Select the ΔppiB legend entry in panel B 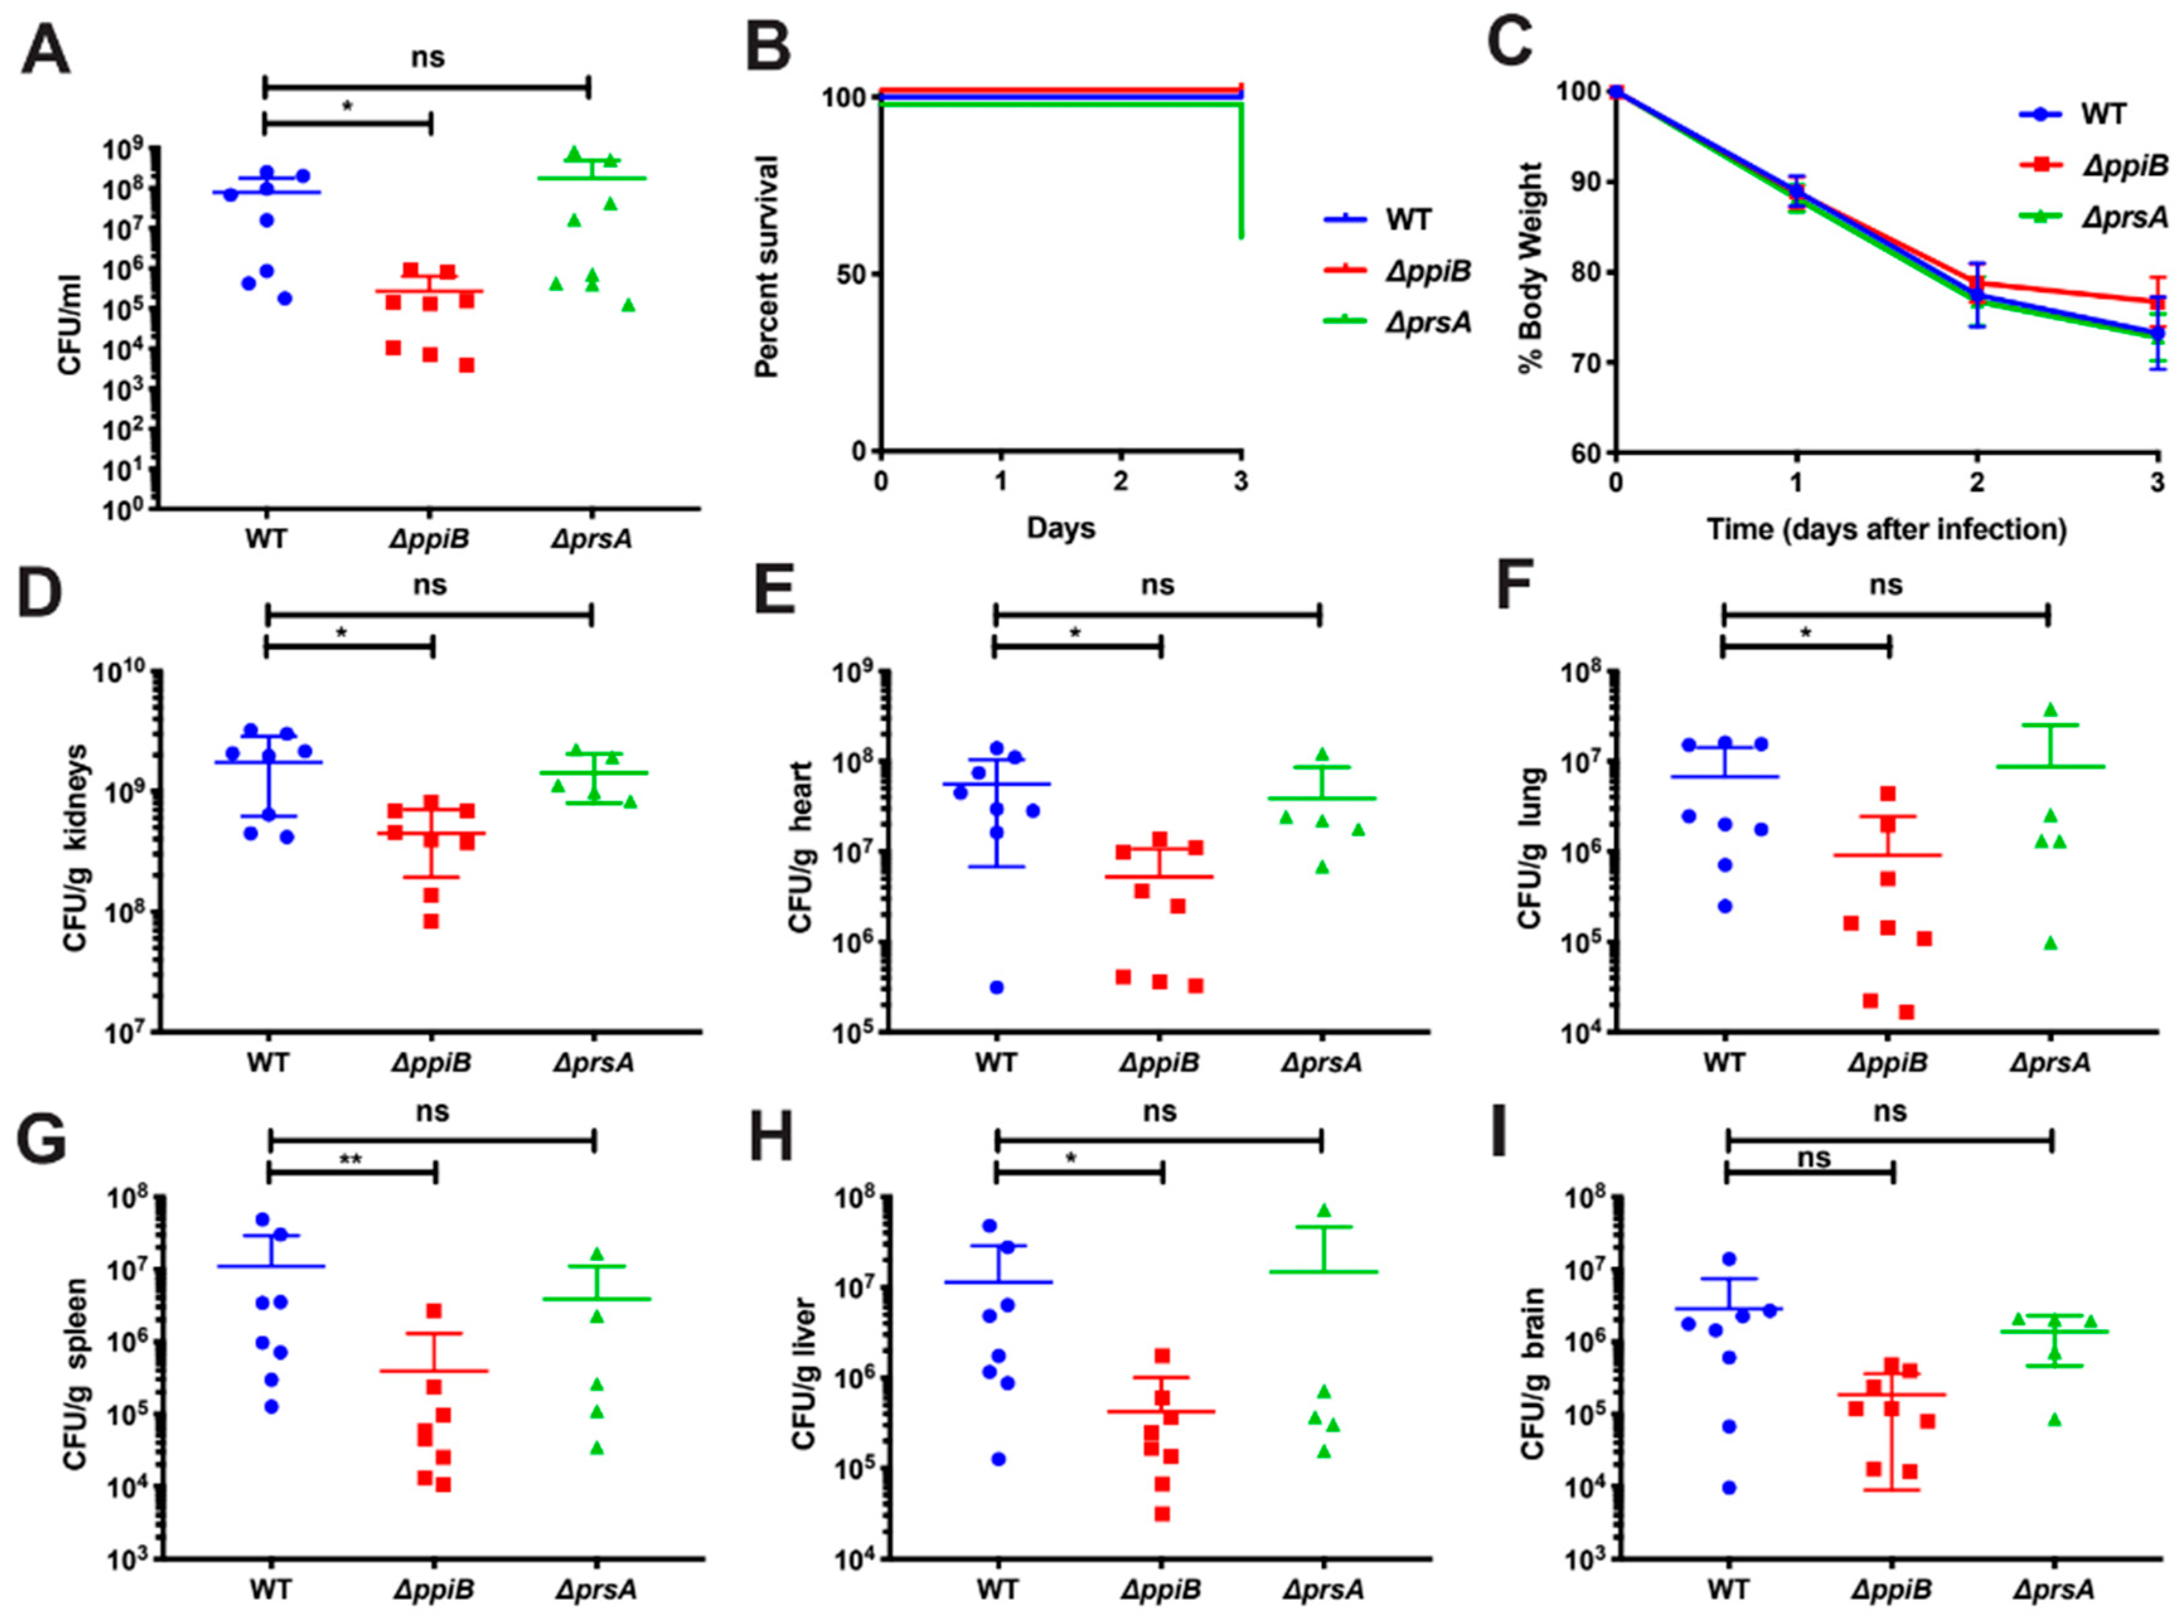click(1426, 271)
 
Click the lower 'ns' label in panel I click(1814, 1158)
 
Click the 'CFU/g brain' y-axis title click(1533, 1374)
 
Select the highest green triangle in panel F click(2051, 709)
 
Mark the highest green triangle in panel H click(1325, 1210)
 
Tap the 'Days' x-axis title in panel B click(1061, 529)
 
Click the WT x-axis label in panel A click(266, 538)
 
